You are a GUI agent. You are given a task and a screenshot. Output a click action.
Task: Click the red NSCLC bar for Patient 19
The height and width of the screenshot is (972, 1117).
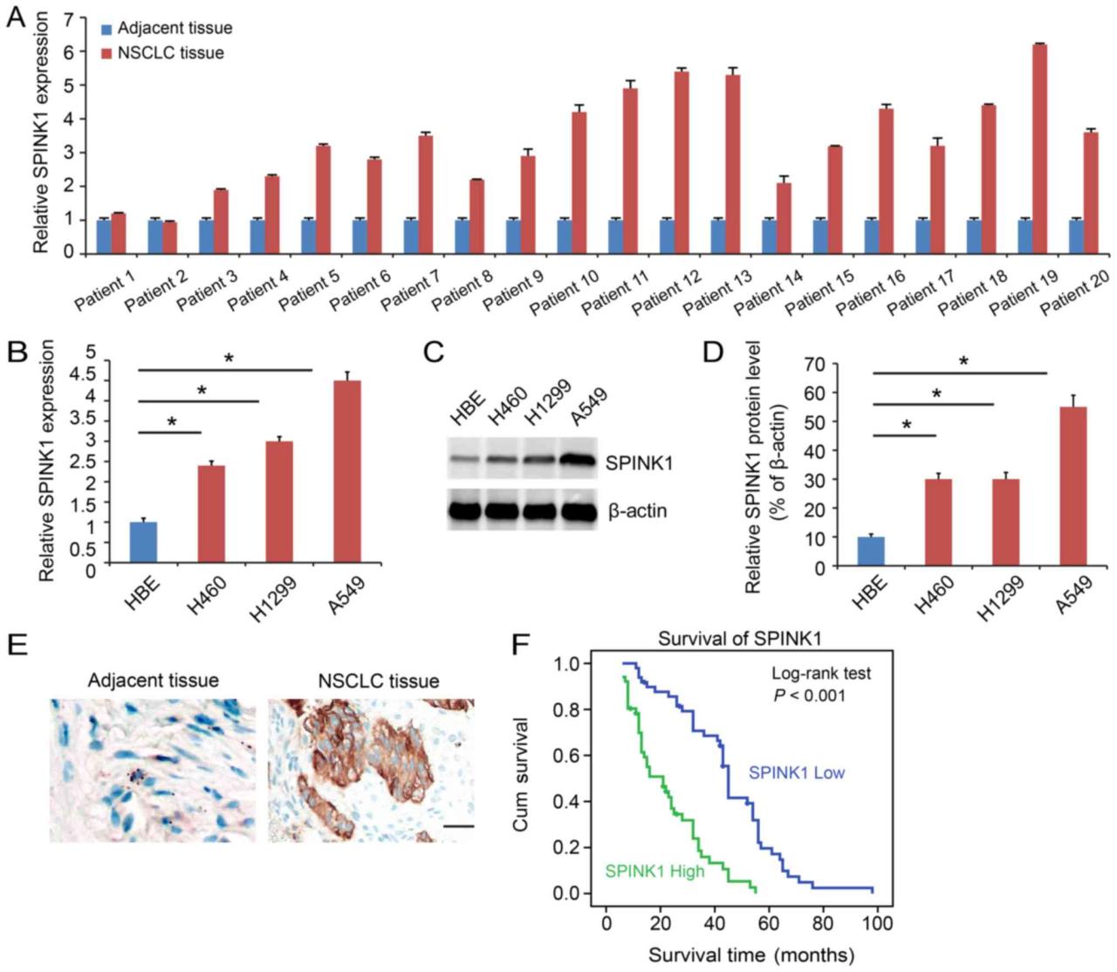(x=1039, y=148)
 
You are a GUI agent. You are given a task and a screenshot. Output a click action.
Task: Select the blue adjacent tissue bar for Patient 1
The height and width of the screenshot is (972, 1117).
(x=104, y=236)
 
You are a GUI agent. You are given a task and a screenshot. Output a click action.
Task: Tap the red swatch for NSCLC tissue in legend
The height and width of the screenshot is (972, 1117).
(x=106, y=53)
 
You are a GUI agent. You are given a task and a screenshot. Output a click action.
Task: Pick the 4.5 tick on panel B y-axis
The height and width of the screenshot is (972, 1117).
(x=83, y=375)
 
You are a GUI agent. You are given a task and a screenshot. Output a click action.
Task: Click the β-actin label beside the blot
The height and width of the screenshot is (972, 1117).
(x=637, y=510)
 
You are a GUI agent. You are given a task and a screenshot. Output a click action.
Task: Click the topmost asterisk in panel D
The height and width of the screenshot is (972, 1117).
(x=964, y=361)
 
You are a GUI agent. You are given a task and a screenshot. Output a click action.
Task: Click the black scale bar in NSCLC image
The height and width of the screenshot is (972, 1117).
(x=463, y=825)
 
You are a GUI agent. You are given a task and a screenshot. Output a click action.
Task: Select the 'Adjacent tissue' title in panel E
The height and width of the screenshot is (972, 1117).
(x=153, y=680)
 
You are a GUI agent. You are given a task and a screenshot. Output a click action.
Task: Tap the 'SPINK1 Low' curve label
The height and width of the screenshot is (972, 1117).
(x=797, y=772)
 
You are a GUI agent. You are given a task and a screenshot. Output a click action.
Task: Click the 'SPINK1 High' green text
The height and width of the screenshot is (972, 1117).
(x=654, y=871)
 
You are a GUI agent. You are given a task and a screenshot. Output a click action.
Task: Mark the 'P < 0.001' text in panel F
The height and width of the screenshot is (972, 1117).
(x=809, y=695)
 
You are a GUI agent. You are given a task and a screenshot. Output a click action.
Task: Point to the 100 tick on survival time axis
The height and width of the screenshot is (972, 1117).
(x=877, y=922)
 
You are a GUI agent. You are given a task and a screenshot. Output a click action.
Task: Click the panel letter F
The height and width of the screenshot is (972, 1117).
(x=520, y=646)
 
